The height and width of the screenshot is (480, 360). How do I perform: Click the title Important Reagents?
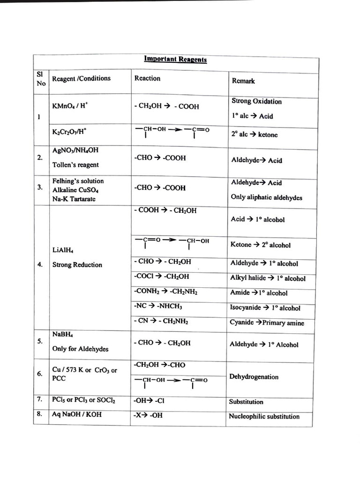pos(175,60)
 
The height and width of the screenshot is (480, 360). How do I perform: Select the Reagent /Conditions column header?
pos(81,78)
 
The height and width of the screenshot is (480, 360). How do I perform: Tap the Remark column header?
pos(243,81)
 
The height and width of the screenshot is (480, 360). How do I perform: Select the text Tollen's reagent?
pos(75,165)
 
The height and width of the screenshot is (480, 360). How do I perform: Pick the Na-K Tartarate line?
pos(74,199)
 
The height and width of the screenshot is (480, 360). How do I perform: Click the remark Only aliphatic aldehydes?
pos(266,197)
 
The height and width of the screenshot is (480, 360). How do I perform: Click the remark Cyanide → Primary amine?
pos(267,322)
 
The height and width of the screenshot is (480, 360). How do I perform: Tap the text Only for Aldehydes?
pos(80,349)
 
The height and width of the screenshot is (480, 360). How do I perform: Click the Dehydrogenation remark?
pos(254,377)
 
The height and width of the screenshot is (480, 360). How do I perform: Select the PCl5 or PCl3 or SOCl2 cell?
pos(84,400)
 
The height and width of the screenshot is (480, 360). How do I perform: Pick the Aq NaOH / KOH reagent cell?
pos(77,414)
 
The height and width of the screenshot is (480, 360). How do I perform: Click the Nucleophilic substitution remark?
pos(264,416)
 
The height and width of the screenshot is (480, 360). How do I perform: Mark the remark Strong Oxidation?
pos(256,101)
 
